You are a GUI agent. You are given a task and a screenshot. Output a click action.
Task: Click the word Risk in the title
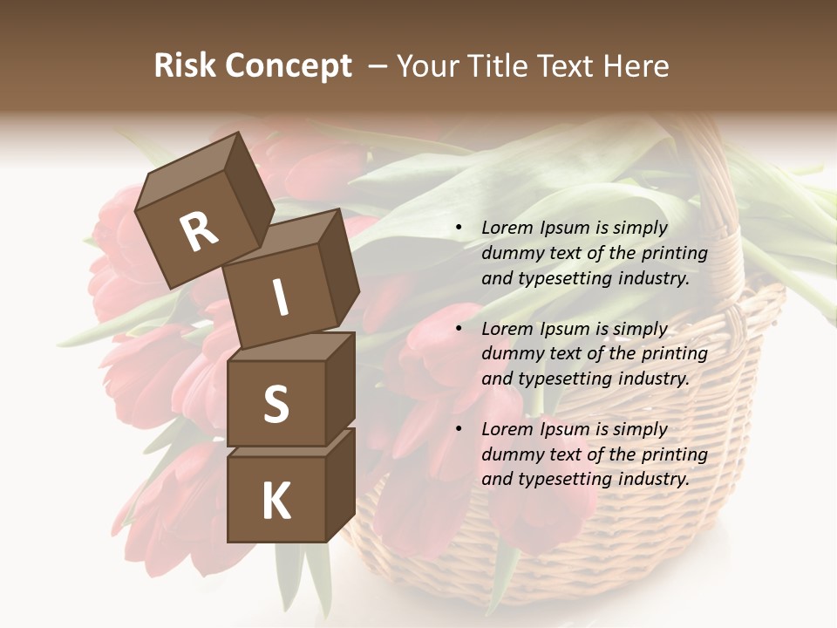coord(186,66)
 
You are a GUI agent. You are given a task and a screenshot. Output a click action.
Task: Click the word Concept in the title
coord(289,66)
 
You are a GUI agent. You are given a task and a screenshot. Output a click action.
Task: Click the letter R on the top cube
coord(200,231)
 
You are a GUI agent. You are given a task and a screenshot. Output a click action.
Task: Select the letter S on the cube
coord(276,404)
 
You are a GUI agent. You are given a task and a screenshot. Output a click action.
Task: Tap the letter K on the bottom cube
coord(276,502)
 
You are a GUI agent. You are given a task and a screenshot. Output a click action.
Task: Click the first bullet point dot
coord(459,228)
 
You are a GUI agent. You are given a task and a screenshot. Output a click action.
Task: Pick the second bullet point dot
coord(459,329)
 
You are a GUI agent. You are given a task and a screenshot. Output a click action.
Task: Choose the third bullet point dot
coord(459,429)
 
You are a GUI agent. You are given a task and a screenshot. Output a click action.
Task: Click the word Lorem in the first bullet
coord(507,228)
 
